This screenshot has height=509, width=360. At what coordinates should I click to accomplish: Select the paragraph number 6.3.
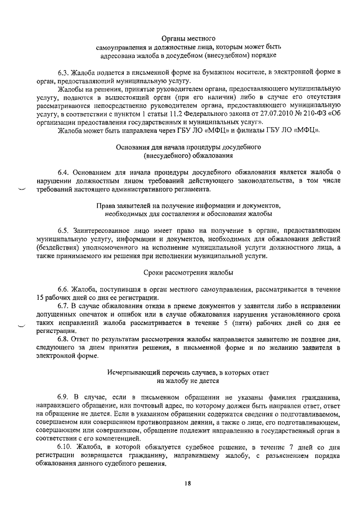click(62, 73)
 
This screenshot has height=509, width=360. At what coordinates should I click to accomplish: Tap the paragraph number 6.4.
click(62, 171)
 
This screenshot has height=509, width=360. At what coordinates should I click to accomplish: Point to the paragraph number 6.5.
click(62, 231)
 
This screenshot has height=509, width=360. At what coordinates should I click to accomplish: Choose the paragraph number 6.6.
click(62, 287)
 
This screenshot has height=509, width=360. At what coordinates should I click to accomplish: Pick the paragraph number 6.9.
click(62, 398)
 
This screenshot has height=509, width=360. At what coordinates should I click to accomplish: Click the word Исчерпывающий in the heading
click(132, 373)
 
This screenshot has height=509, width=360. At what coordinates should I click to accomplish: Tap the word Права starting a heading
click(108, 205)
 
